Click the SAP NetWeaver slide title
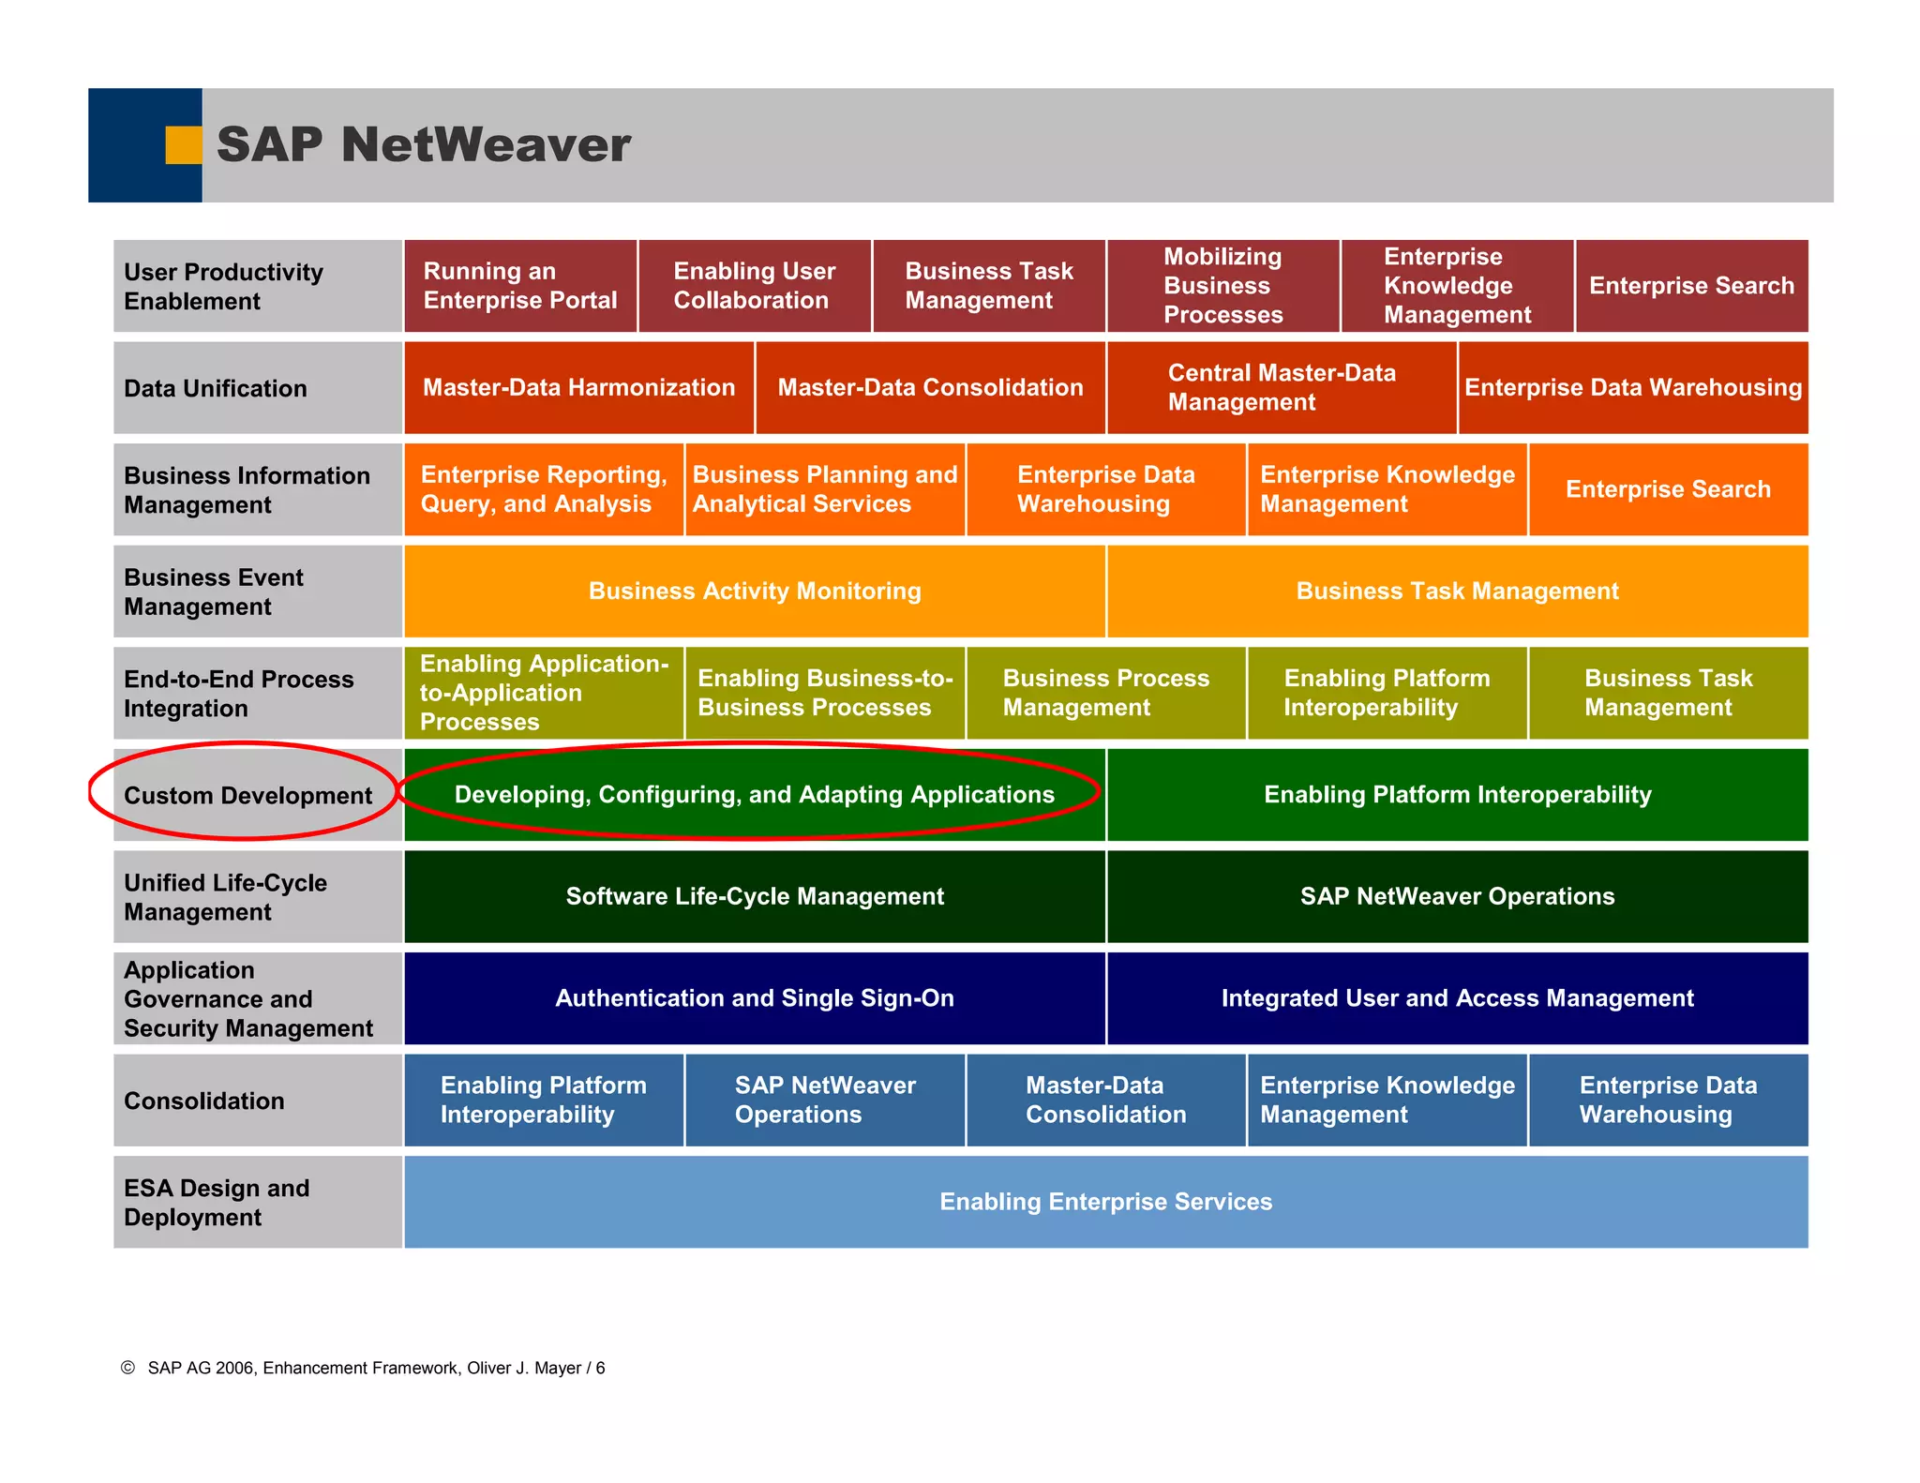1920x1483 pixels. tap(424, 145)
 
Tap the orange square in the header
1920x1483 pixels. tap(183, 145)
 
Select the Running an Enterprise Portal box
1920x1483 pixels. tap(520, 286)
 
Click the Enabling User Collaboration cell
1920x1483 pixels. tap(755, 286)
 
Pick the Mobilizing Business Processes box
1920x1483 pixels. tap(1222, 286)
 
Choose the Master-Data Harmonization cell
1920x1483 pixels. tap(578, 387)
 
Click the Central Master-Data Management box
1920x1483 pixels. tap(1282, 387)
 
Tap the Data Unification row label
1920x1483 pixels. tap(216, 388)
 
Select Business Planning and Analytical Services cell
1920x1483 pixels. tap(825, 489)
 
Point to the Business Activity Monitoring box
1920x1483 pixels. tap(755, 592)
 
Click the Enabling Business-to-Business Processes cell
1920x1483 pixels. tap(825, 693)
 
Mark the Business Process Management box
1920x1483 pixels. tap(1106, 693)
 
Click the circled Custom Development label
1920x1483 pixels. tap(247, 795)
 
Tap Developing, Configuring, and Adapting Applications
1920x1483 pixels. tap(755, 795)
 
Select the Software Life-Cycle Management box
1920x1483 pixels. tap(755, 896)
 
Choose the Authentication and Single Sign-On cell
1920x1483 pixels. tap(755, 998)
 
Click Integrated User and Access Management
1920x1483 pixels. tap(1457, 998)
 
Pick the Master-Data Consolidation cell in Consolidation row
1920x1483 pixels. tap(1106, 1100)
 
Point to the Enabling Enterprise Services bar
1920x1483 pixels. tap(1106, 1202)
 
